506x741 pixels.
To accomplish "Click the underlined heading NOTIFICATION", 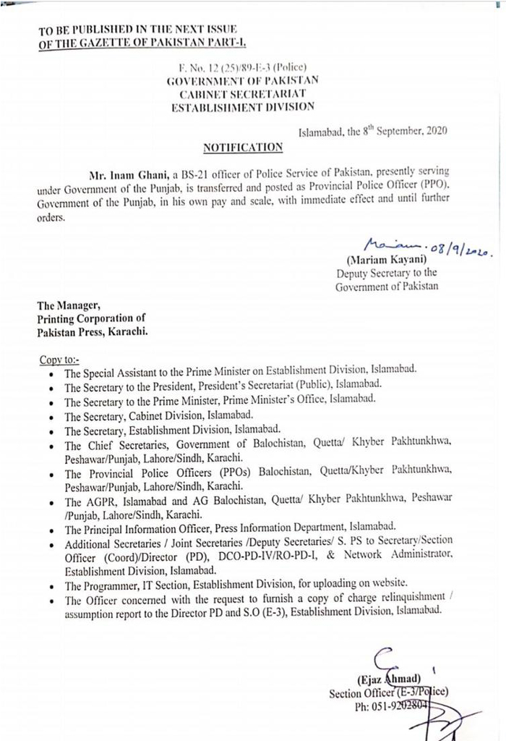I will point(242,148).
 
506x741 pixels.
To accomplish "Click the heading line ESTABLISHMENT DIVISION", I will point(242,106).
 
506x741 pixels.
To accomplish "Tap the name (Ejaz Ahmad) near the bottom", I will point(388,679).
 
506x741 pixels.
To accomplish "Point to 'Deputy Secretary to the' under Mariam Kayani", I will point(387,274).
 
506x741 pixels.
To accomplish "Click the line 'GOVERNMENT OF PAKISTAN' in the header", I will point(242,80).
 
